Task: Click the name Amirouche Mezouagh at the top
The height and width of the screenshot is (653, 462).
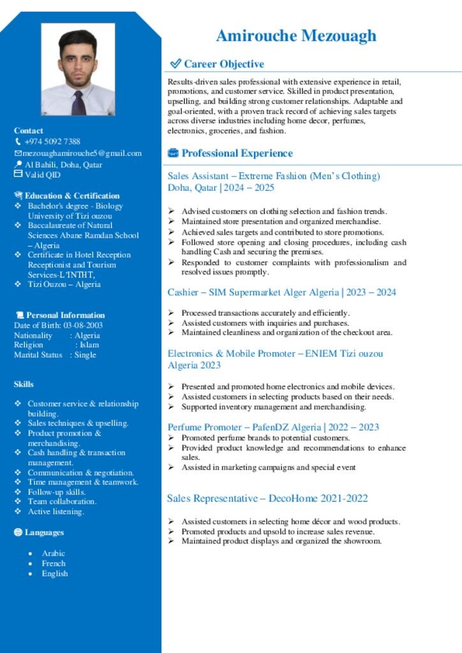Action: coord(296,36)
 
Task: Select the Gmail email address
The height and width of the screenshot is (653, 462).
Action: coord(82,153)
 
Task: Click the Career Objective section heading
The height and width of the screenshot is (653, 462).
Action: coord(223,64)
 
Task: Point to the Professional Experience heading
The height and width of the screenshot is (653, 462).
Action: coord(237,153)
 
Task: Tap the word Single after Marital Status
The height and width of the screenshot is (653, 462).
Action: coord(85,355)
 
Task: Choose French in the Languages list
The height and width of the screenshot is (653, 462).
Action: coord(54,563)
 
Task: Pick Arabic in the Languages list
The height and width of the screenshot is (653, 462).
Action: coord(54,554)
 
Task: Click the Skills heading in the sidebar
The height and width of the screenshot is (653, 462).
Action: coord(24,384)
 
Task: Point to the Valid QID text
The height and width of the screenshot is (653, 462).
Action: coord(43,174)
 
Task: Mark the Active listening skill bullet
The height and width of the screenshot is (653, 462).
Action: coord(56,511)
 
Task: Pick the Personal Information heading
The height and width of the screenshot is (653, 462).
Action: coord(65,315)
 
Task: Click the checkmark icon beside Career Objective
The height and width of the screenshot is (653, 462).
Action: coord(175,64)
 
